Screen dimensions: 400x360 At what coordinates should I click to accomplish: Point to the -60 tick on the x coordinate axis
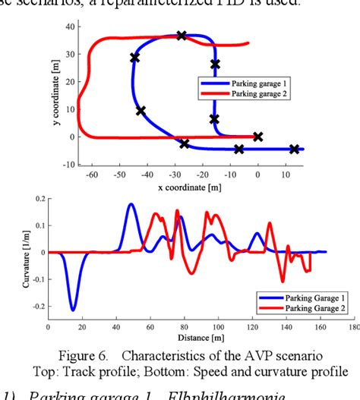pos(92,174)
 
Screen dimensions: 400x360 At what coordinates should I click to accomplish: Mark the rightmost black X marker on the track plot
pos(295,149)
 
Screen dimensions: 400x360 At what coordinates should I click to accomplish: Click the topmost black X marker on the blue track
pos(182,36)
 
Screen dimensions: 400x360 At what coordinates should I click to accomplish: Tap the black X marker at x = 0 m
pos(258,137)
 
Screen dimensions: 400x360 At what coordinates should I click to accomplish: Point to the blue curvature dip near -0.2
pos(73,309)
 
